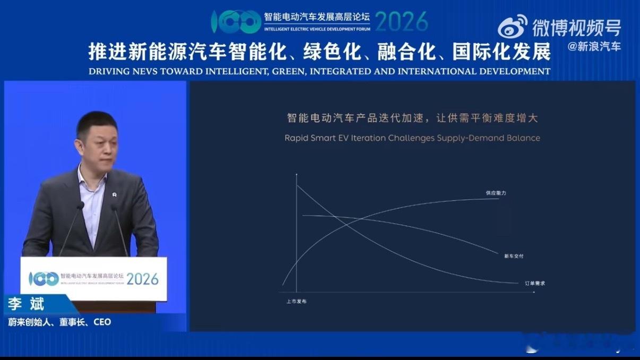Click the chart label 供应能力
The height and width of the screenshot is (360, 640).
496,193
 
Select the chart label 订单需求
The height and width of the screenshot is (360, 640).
534,283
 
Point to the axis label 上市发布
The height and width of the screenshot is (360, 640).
296,302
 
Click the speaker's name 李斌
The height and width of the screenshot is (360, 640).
26,305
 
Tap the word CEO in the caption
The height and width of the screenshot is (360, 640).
102,322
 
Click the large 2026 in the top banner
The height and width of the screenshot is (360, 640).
401,21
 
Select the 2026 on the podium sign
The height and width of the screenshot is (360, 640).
142,278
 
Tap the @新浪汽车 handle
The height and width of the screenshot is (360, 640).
594,47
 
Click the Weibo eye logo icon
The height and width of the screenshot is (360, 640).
513,26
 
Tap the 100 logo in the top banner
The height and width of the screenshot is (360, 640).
236,21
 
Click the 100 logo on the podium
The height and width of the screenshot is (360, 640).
44,278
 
